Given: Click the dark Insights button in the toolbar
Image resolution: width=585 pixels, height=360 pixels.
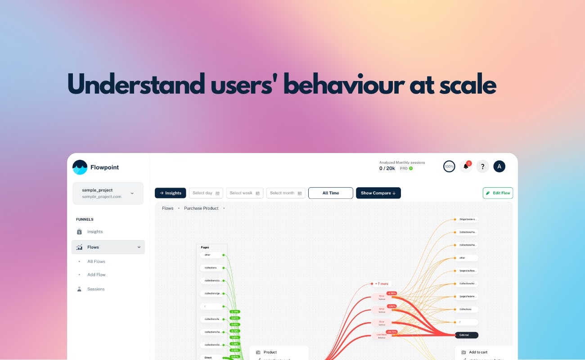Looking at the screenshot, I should coord(171,193).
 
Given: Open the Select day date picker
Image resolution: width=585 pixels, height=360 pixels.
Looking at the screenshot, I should coord(206,193).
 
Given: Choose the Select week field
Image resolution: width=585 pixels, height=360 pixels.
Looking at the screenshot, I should coord(244,193).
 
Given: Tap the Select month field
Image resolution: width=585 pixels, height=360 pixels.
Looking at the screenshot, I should coord(286,193).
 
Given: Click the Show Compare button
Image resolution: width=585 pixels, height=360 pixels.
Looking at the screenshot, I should coord(378,193).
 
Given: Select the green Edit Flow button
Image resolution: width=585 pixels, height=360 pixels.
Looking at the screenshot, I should coord(498,193).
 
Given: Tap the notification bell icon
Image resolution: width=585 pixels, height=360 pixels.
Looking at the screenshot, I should coord(466,166).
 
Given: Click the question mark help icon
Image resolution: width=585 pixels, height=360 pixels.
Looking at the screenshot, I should coord(482,166).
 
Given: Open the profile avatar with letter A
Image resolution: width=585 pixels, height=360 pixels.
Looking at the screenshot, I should coord(499,166).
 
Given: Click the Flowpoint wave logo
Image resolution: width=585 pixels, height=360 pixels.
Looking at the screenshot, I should coord(80,167).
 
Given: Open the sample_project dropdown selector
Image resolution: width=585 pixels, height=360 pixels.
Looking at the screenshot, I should coord(108,193).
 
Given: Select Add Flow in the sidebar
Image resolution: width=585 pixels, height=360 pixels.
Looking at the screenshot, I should coord(96,274).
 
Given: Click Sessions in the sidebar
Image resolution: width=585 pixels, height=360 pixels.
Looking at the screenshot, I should coord(96,289).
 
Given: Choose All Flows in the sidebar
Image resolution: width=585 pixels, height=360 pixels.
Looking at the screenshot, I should coord(96,261).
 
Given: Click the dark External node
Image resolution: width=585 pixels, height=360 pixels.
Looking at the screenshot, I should coord(466,335).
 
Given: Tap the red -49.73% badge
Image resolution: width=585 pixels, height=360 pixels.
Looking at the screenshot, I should coord(391,332).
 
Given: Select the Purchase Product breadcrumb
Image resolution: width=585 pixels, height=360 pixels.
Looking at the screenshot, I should coord(201,208).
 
